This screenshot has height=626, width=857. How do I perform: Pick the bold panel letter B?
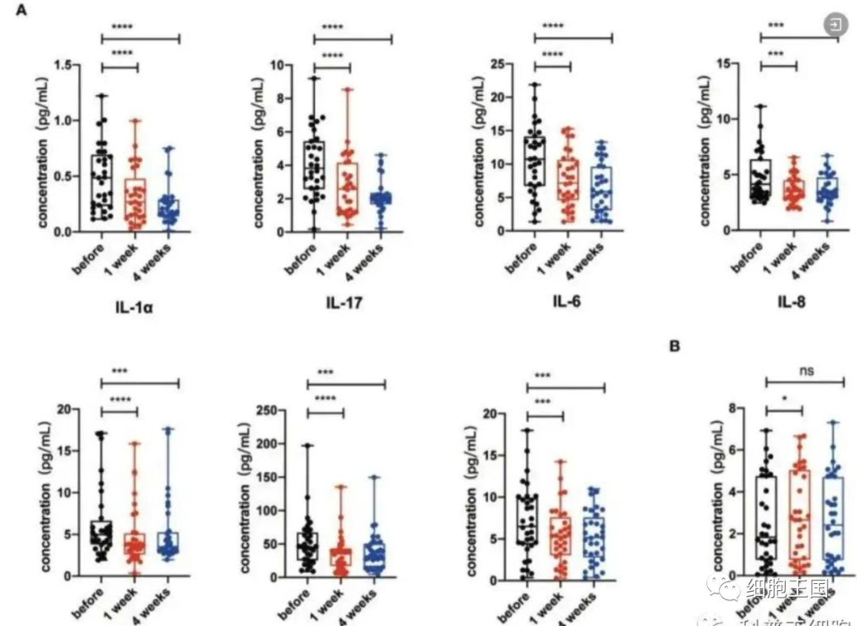(674, 346)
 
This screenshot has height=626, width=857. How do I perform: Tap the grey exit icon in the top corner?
(836, 25)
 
